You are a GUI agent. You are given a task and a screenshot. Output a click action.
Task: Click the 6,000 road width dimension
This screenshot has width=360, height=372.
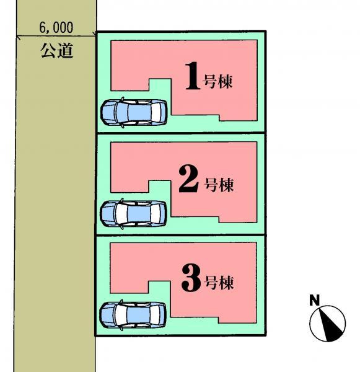56,27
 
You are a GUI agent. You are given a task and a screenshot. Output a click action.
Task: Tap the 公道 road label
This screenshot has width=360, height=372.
56,51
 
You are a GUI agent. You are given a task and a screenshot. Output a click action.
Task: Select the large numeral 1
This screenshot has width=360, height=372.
193,76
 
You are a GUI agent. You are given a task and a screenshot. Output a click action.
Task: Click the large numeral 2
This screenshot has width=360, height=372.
188,179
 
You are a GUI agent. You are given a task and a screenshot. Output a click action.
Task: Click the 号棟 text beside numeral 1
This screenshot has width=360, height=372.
217,82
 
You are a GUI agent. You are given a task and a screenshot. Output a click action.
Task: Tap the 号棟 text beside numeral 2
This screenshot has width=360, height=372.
219,185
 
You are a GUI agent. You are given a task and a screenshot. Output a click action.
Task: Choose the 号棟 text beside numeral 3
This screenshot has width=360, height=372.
219,282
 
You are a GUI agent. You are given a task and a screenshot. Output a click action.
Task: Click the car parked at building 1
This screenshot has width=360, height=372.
134,112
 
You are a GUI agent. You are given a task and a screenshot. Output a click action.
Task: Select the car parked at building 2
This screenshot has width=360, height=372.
133,213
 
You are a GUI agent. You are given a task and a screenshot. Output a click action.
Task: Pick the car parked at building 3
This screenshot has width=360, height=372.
133,315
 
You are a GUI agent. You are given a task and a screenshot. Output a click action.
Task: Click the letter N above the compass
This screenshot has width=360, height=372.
315,300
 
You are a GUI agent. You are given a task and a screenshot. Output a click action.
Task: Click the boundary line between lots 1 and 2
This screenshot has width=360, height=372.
181,133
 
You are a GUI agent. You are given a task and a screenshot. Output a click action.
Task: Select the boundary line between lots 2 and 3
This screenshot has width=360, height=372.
181,235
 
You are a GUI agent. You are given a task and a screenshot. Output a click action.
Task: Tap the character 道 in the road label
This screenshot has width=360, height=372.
65,51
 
